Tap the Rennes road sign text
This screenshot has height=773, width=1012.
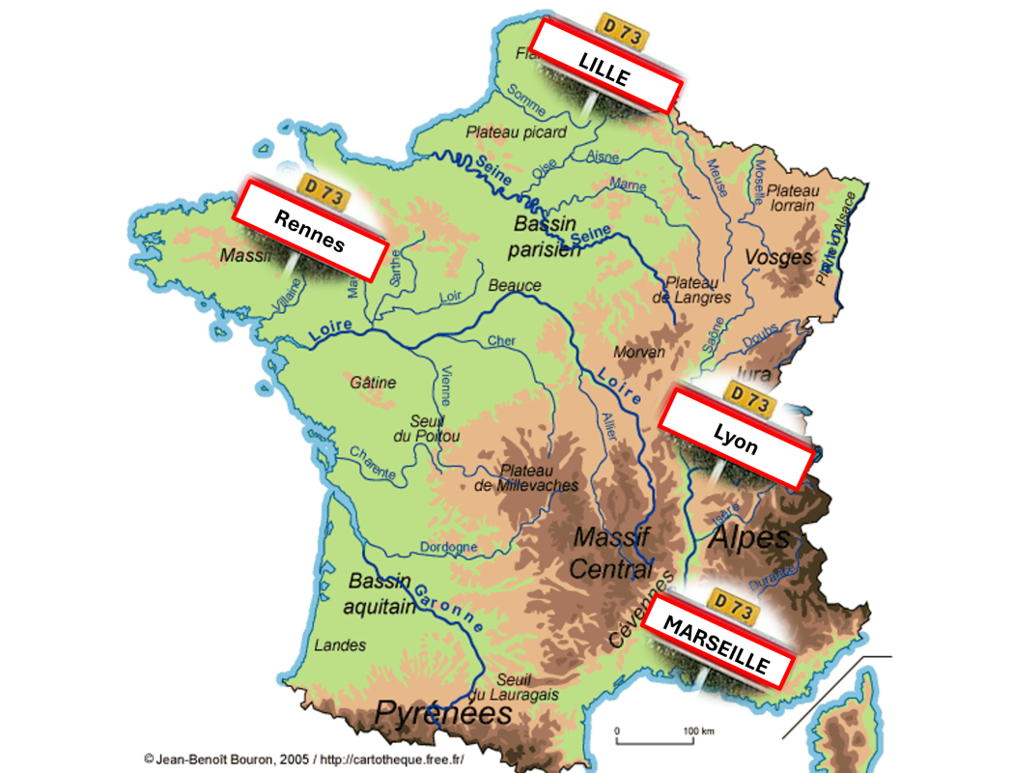pos(309,231)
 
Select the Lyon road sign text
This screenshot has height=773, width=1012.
pos(736,440)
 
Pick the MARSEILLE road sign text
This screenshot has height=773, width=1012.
pos(717,645)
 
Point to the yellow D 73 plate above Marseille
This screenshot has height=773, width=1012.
pos(731,607)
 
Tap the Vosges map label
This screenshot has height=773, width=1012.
pos(778,258)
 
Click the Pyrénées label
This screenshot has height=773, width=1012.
pos(443,714)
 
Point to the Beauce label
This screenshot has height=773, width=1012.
pos(515,286)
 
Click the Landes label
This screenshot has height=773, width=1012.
pos(341,644)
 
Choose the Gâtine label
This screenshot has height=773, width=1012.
pos(373,383)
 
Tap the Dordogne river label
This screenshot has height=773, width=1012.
pos(449,548)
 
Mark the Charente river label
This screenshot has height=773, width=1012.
pos(373,463)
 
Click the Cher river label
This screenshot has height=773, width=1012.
pos(501,340)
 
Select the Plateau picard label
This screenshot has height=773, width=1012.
pos(517,132)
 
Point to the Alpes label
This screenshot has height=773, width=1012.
pos(749,538)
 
